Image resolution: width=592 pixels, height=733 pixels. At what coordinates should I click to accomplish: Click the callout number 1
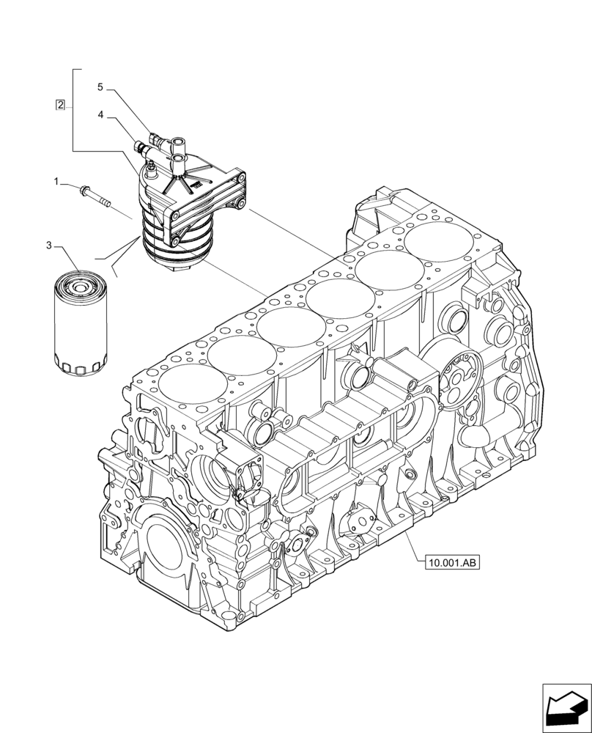tap(56, 180)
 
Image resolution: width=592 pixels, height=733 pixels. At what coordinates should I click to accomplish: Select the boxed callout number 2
tap(60, 105)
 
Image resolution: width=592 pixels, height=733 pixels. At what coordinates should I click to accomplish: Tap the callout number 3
tap(49, 246)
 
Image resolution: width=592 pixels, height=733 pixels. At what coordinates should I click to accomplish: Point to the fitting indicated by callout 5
tap(155, 137)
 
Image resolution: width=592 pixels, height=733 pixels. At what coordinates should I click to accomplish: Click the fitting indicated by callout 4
tap(139, 149)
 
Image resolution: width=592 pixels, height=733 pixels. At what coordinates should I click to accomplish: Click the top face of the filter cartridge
tap(80, 281)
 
